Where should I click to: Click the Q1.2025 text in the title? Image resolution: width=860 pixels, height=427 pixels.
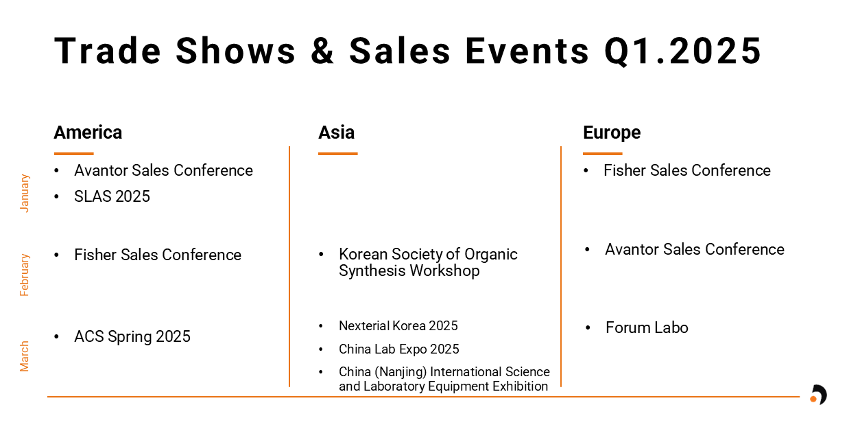pyautogui.click(x=682, y=51)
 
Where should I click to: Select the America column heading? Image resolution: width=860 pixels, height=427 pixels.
pyautogui.click(x=88, y=132)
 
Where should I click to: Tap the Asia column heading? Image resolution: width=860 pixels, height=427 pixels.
pyautogui.click(x=336, y=132)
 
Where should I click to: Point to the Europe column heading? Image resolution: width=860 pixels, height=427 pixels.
pyautogui.click(x=612, y=133)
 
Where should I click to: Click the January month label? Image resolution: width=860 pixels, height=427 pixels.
pyautogui.click(x=24, y=193)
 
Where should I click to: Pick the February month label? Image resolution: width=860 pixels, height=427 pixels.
pyautogui.click(x=24, y=275)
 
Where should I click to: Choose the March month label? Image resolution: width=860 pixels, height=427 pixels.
pyautogui.click(x=24, y=356)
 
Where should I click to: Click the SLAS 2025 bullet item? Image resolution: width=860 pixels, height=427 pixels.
pyautogui.click(x=112, y=196)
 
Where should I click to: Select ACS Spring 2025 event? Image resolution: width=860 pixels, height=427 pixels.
pyautogui.click(x=132, y=336)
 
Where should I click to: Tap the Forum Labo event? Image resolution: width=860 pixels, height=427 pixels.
pyautogui.click(x=647, y=328)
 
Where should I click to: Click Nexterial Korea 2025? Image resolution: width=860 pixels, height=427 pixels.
pyautogui.click(x=398, y=326)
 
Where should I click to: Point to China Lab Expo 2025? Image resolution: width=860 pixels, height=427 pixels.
pyautogui.click(x=399, y=349)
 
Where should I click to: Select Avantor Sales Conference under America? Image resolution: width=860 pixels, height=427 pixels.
pyautogui.click(x=163, y=170)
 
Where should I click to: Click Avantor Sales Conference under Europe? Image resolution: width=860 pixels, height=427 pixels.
pyautogui.click(x=695, y=249)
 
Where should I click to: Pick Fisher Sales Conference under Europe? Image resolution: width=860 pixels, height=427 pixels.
pyautogui.click(x=687, y=170)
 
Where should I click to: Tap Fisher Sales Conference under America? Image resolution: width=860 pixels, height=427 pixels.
pyautogui.click(x=158, y=255)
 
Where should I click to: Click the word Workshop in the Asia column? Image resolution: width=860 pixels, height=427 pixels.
pyautogui.click(x=444, y=271)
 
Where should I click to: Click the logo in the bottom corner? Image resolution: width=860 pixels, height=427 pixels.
pyautogui.click(x=819, y=395)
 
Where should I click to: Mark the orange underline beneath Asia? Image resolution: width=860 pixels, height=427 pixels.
pyautogui.click(x=338, y=154)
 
